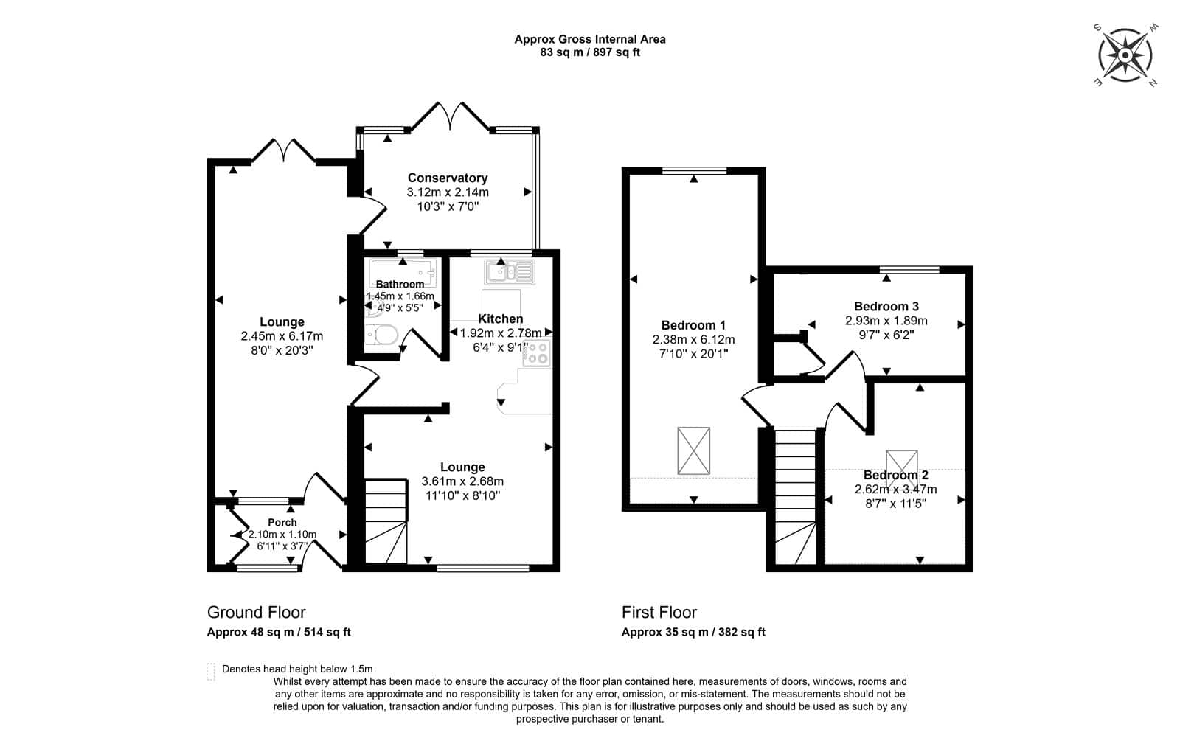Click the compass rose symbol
click(x=1125, y=55)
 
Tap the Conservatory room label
click(x=447, y=178)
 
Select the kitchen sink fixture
click(x=510, y=272)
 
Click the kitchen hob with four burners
click(x=537, y=353)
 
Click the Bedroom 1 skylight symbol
click(x=693, y=450)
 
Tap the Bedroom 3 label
click(x=886, y=306)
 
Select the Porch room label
click(x=282, y=523)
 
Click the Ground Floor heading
click(x=256, y=612)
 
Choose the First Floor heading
click(x=659, y=612)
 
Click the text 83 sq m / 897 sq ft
click(x=590, y=52)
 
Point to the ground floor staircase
click(x=386, y=521)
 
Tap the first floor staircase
click(x=795, y=497)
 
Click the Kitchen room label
click(x=501, y=319)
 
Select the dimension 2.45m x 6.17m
click(x=282, y=336)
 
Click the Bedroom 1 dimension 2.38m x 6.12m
click(x=693, y=340)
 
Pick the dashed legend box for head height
click(x=211, y=672)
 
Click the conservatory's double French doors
click(x=451, y=116)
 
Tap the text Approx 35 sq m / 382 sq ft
click(x=693, y=632)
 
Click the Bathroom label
click(x=400, y=284)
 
